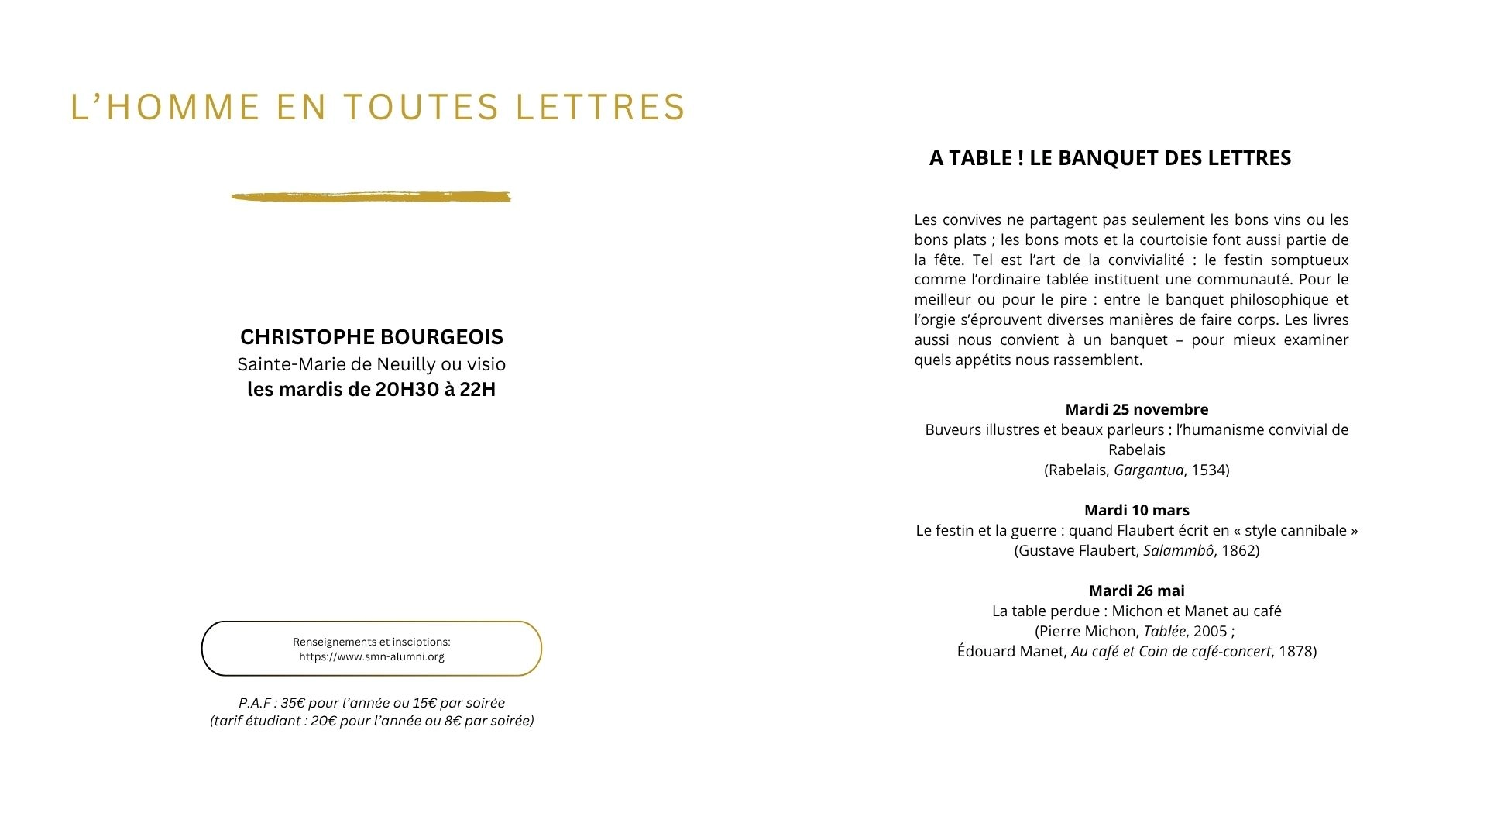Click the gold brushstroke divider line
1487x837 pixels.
371,197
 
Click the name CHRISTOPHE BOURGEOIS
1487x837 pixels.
371,337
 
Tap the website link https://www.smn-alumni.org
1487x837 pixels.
372,657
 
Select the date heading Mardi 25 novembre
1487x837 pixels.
1136,409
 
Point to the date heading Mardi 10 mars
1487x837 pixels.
1136,510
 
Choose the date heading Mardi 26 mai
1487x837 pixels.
1136,591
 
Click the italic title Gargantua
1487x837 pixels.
1149,470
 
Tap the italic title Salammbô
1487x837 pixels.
1178,550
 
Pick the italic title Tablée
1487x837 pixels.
1164,631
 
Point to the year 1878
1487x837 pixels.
1295,651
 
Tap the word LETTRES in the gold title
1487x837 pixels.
601,107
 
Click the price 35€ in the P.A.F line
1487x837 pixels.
293,703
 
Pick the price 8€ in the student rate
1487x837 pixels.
453,721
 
